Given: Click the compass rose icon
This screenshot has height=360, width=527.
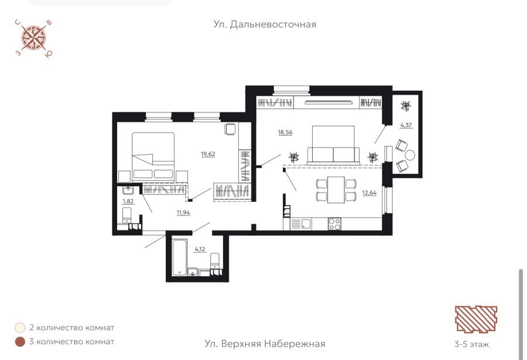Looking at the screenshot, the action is pyautogui.click(x=34, y=38).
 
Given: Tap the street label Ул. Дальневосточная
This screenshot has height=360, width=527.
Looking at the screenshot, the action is pyautogui.click(x=265, y=25).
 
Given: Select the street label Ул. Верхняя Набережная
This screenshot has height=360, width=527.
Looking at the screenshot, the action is pyautogui.click(x=265, y=344).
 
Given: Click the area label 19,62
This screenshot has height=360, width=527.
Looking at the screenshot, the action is pyautogui.click(x=208, y=154).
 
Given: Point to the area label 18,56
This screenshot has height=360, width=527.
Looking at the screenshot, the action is pyautogui.click(x=285, y=132).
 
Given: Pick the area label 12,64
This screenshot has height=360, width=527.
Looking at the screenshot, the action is pyautogui.click(x=369, y=193).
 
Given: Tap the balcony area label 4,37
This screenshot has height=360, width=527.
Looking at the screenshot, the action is pyautogui.click(x=406, y=125).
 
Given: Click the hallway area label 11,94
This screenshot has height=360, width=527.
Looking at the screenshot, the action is pyautogui.click(x=183, y=212).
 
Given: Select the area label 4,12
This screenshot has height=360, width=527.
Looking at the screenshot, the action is pyautogui.click(x=200, y=249).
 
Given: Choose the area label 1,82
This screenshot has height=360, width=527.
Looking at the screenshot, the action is pyautogui.click(x=128, y=201).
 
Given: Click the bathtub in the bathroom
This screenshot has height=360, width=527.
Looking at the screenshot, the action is pyautogui.click(x=180, y=257).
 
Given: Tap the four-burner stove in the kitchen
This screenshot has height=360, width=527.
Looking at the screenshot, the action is pyautogui.click(x=334, y=224).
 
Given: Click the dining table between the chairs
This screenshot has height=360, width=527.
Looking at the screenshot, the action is pyautogui.click(x=336, y=190).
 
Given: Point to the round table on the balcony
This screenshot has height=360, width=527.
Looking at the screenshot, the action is pyautogui.click(x=410, y=155).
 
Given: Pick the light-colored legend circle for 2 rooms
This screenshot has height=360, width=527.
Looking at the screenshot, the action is pyautogui.click(x=20, y=327).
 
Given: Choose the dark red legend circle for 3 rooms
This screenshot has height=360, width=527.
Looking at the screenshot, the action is pyautogui.click(x=20, y=342).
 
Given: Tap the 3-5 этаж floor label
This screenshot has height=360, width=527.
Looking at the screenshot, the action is pyautogui.click(x=472, y=344).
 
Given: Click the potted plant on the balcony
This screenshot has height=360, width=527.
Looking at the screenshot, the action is pyautogui.click(x=406, y=106).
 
